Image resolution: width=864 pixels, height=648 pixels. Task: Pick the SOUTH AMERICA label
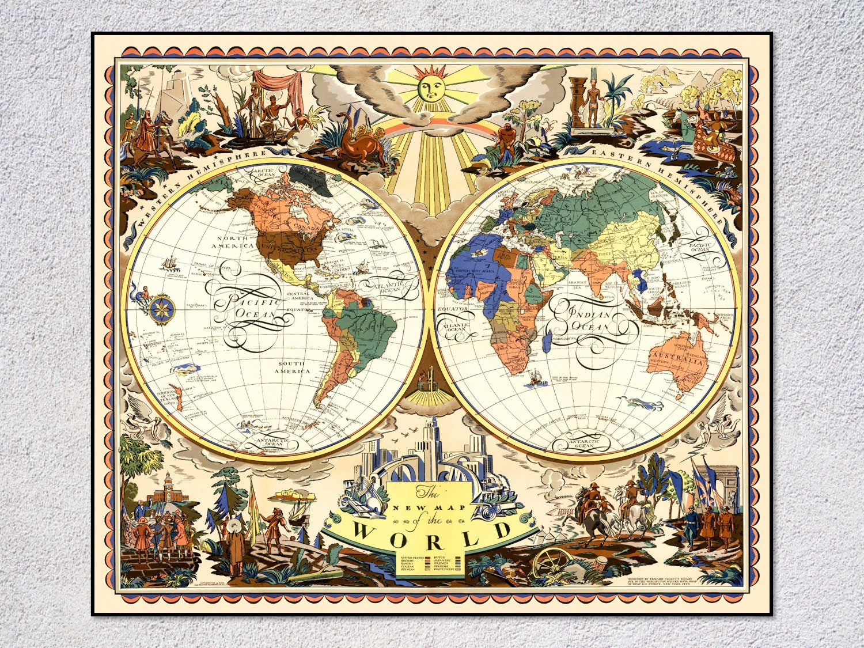[294, 367]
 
